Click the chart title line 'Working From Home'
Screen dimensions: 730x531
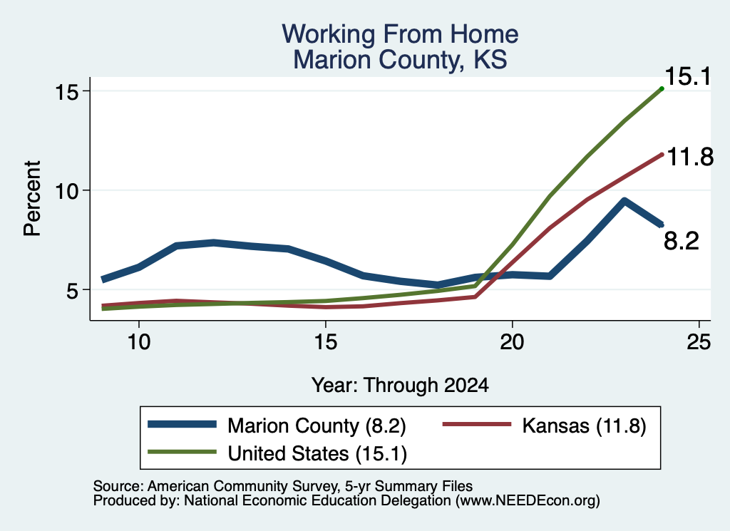tap(400, 34)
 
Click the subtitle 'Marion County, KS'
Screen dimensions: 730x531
tap(400, 60)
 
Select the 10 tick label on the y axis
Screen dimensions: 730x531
tap(66, 190)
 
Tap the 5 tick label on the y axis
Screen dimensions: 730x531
tap(73, 290)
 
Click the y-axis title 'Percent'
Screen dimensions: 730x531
tap(32, 199)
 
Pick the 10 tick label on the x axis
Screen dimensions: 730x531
tap(139, 342)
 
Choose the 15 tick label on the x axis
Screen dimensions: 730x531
tap(325, 342)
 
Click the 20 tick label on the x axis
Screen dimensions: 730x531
tap(512, 342)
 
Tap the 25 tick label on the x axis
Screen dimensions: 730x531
tap(699, 342)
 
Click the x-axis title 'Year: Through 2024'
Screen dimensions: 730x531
tap(400, 386)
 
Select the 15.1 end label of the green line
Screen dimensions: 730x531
tap(688, 76)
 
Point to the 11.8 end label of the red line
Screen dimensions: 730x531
tap(690, 157)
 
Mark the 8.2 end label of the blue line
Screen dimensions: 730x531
tap(681, 241)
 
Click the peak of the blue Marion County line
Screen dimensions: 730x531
tap(624, 201)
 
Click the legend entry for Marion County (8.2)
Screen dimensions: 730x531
tap(277, 426)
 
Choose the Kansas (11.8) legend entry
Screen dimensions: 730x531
tap(544, 426)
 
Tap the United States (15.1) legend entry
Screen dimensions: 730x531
tap(277, 453)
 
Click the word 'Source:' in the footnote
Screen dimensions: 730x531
tap(118, 486)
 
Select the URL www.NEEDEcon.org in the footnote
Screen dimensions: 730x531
tap(528, 501)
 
